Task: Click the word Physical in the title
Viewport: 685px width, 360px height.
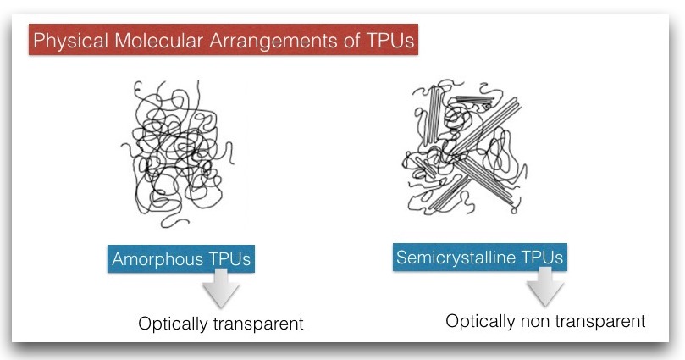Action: coord(70,41)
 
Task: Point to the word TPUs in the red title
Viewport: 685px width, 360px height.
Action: coord(389,41)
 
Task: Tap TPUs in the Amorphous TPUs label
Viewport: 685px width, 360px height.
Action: coord(229,259)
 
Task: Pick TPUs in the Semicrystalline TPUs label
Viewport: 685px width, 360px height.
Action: coord(542,257)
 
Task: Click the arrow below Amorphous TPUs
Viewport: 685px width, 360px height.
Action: coord(221,288)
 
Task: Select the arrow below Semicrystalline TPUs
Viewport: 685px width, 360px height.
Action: coord(544,286)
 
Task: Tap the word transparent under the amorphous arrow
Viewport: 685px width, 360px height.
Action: coord(258,324)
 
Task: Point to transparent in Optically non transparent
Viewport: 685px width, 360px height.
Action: coord(599,322)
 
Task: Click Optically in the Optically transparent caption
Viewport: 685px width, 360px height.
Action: coord(173,324)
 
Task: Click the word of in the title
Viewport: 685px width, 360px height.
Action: coord(351,41)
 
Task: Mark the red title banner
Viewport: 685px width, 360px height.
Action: coord(224,40)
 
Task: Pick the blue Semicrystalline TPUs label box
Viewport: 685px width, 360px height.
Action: coord(480,258)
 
